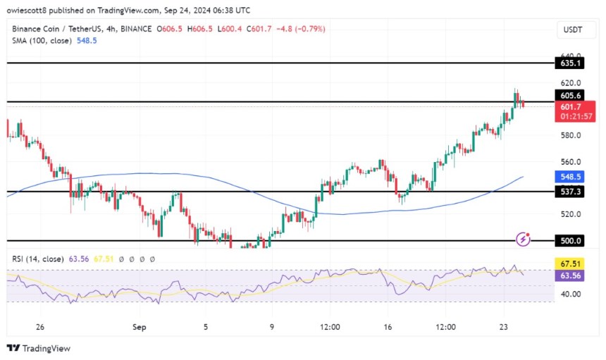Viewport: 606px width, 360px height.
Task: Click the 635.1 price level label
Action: pyautogui.click(x=569, y=63)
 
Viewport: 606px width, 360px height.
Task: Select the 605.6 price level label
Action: pyautogui.click(x=569, y=95)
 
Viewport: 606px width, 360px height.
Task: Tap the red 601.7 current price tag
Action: pyautogui.click(x=569, y=106)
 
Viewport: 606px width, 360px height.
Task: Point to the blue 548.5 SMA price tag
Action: pyautogui.click(x=569, y=178)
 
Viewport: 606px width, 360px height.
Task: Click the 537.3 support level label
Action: pyautogui.click(x=569, y=191)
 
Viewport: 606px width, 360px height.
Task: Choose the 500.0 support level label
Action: pyautogui.click(x=569, y=240)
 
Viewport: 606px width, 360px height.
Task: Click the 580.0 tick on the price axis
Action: pyautogui.click(x=569, y=135)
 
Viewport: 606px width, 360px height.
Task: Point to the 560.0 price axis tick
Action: pyautogui.click(x=569, y=161)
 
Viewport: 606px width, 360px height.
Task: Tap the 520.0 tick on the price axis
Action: pyautogui.click(x=569, y=214)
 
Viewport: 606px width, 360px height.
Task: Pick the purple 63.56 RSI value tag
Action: pyautogui.click(x=569, y=275)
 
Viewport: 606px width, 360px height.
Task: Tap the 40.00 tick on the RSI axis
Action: pyautogui.click(x=569, y=294)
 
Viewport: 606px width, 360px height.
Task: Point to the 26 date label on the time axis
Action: pyautogui.click(x=40, y=327)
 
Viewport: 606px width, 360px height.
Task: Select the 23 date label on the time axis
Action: pyautogui.click(x=504, y=327)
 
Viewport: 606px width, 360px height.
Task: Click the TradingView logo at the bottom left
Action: pyautogui.click(x=39, y=348)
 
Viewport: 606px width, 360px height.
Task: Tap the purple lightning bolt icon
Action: pyautogui.click(x=523, y=240)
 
